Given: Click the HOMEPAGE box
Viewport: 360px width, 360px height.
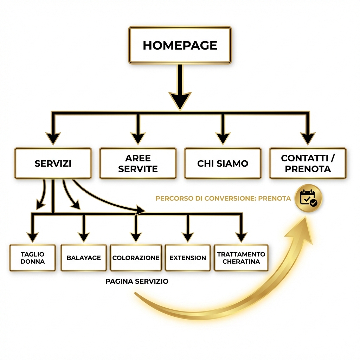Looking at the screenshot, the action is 180,45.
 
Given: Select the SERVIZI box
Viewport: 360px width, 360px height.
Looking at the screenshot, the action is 53,163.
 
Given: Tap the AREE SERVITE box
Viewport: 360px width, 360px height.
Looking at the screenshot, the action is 138,163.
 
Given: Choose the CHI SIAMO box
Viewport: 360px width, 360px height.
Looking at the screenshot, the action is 223,163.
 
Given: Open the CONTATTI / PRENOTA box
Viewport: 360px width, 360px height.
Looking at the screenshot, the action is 308,163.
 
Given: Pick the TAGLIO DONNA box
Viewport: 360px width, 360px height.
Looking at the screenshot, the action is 33,258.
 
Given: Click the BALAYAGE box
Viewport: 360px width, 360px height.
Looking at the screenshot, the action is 84,258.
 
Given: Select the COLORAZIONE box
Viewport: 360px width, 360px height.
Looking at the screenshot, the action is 136,258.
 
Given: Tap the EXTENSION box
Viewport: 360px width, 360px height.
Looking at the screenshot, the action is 188,258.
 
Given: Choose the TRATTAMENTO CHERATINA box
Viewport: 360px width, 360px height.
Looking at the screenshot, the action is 241,258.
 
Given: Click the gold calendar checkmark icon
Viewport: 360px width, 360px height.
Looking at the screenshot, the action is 309,198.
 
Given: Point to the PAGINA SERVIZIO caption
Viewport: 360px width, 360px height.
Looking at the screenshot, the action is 137,281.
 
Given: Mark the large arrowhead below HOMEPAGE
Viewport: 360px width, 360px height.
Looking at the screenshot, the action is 180,100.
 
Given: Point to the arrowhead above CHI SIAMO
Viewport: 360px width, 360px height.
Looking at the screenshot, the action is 223,138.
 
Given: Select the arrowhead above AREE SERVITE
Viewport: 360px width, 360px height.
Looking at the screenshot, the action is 138,138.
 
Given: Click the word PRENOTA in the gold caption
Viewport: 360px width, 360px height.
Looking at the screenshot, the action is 275,198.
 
